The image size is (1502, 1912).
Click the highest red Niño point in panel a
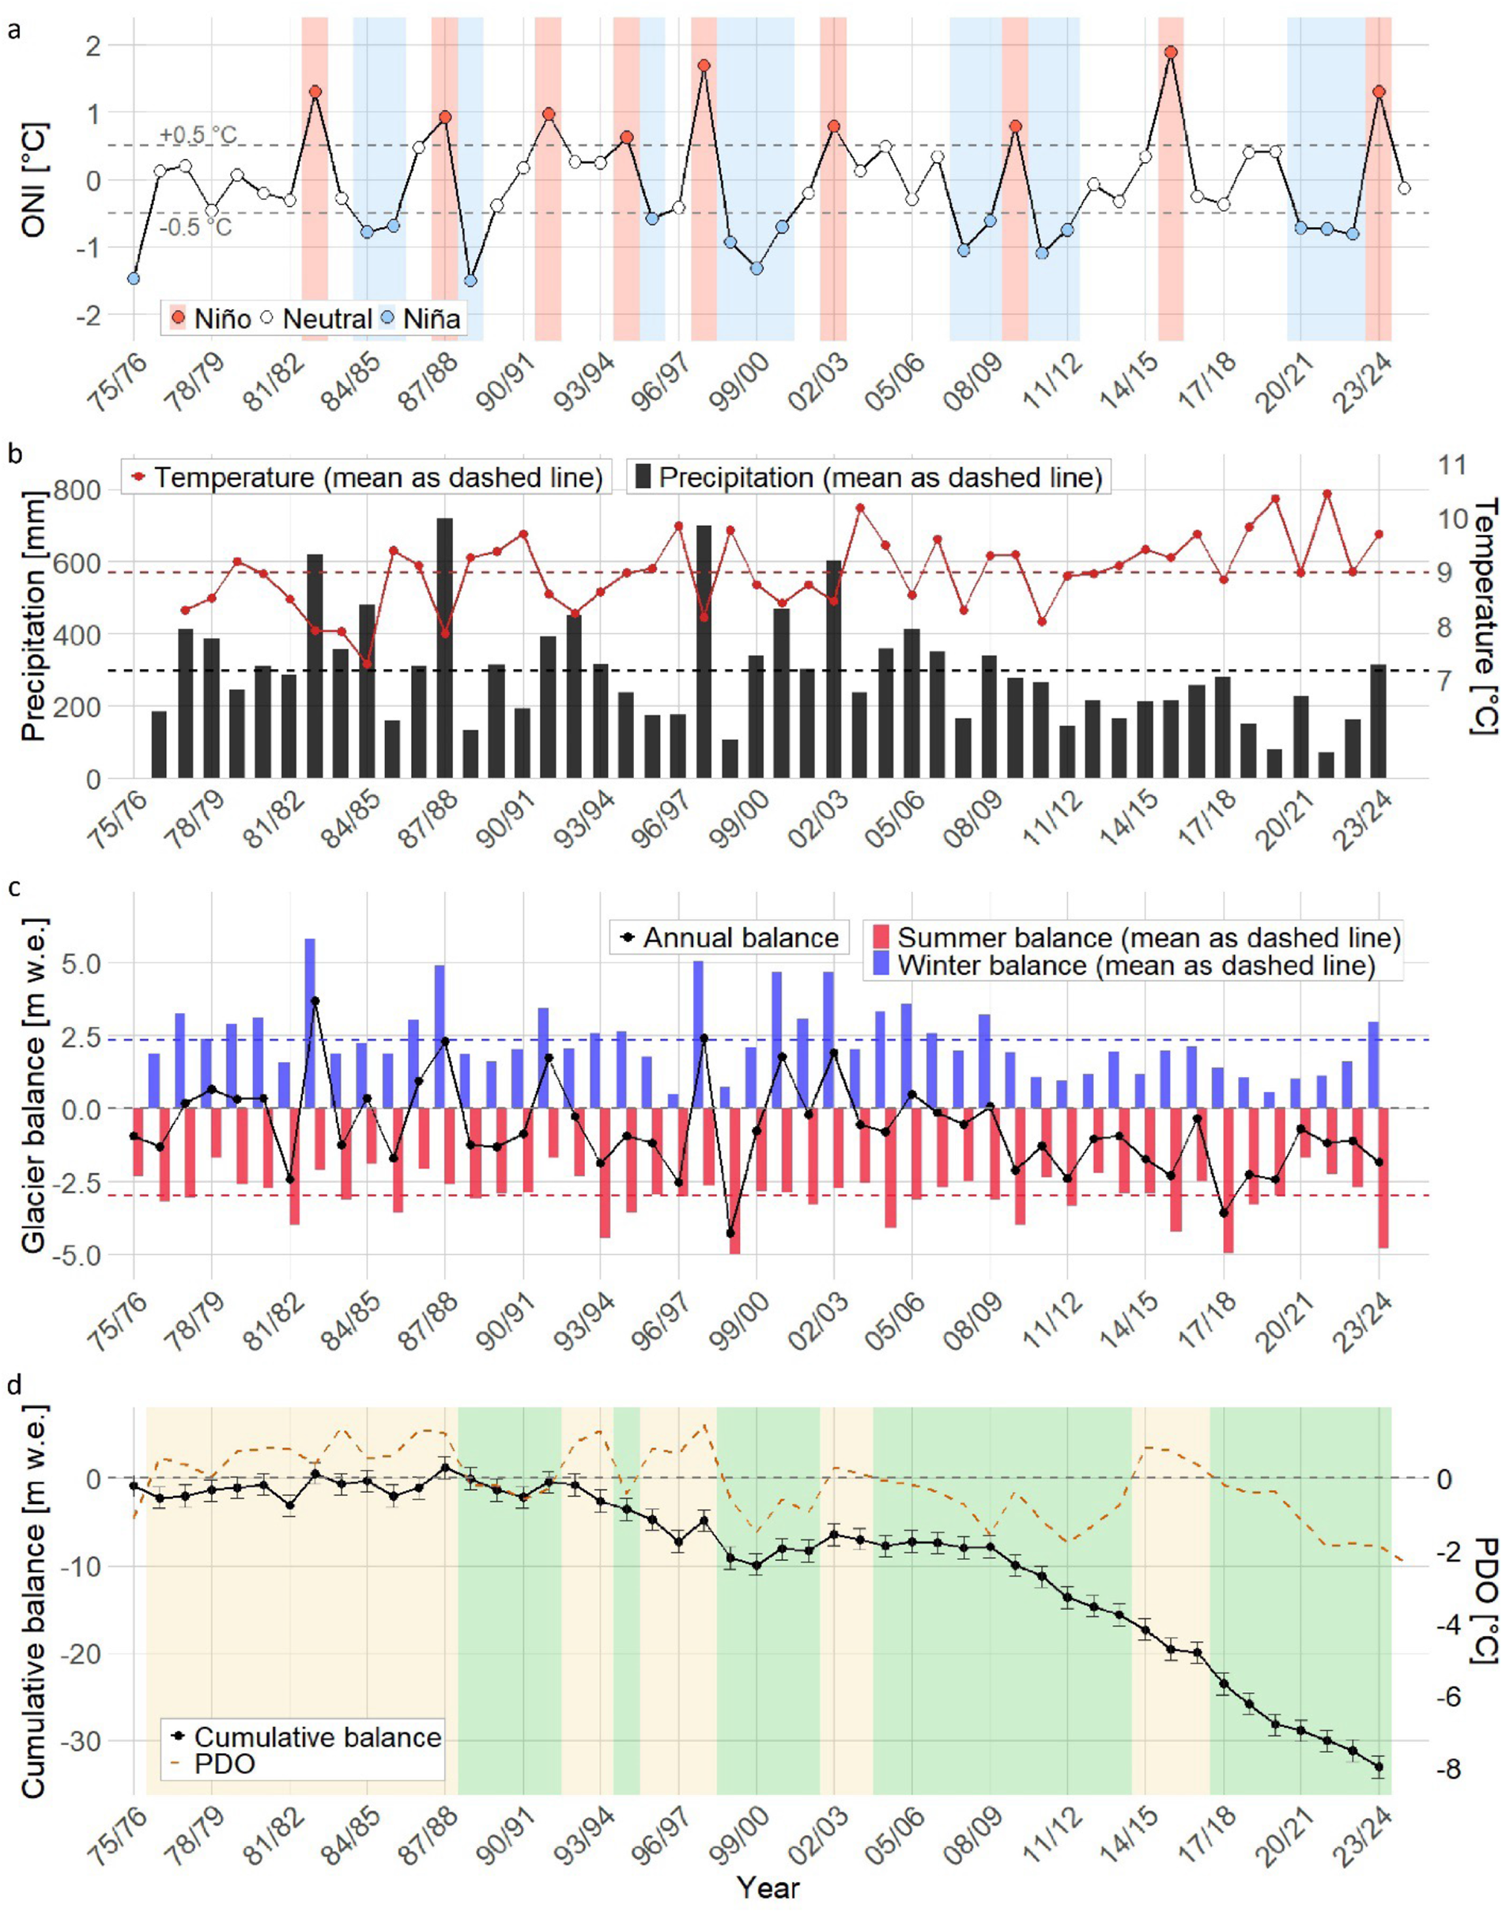pos(1171,53)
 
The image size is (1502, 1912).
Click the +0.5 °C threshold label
pos(198,135)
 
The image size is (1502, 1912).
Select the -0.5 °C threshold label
pos(196,227)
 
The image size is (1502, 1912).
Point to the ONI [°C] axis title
pos(35,180)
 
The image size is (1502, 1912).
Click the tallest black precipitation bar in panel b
pos(445,648)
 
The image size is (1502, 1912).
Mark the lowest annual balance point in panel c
pos(730,1233)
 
